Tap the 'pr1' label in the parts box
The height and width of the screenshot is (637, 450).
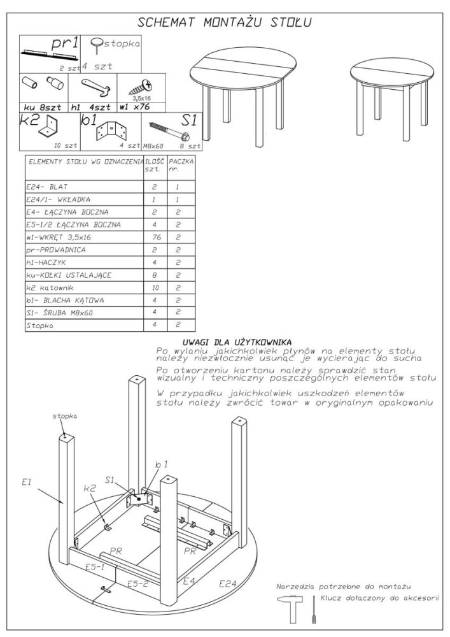[66, 43]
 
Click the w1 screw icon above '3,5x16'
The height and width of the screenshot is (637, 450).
[141, 87]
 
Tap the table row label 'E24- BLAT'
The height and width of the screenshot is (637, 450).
[48, 188]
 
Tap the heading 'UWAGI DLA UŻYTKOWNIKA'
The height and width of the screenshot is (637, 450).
[237, 341]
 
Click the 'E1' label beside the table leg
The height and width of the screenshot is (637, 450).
[26, 483]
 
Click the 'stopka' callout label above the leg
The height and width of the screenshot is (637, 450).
[64, 415]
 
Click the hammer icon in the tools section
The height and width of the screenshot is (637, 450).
[290, 609]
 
